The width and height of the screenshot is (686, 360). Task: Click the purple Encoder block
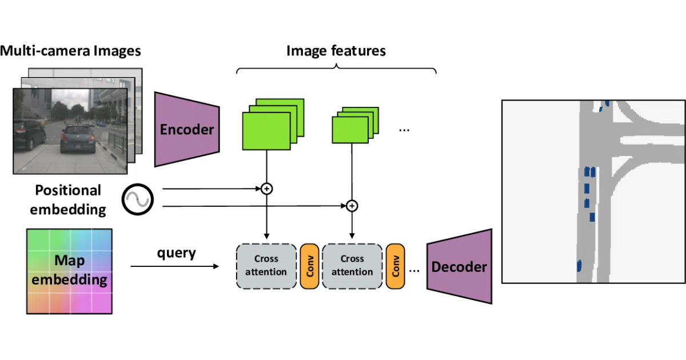point(187,129)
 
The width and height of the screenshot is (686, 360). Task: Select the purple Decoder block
point(460,266)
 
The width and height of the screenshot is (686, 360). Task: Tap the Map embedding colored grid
point(69,271)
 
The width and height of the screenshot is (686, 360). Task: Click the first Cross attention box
point(266,266)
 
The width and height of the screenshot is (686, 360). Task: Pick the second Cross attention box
point(352,266)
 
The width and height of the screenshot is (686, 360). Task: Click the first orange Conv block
point(309,266)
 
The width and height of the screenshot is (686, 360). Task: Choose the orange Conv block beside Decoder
point(395,266)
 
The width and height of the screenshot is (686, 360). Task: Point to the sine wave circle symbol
point(138,199)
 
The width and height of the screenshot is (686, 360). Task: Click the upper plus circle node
point(267,189)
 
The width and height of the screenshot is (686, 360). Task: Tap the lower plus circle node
point(352,206)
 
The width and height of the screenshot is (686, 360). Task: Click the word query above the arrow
point(177,254)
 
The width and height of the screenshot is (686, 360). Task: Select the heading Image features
point(336,51)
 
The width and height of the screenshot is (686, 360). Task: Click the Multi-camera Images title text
point(70,51)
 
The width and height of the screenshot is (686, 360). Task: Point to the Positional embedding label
point(68,200)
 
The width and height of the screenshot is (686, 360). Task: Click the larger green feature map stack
point(273,125)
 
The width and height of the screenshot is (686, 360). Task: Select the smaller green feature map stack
point(356,125)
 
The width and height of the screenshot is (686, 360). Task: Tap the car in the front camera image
point(78,139)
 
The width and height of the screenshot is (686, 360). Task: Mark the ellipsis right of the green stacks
point(404,131)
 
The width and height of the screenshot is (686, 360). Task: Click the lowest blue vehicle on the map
point(579,266)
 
